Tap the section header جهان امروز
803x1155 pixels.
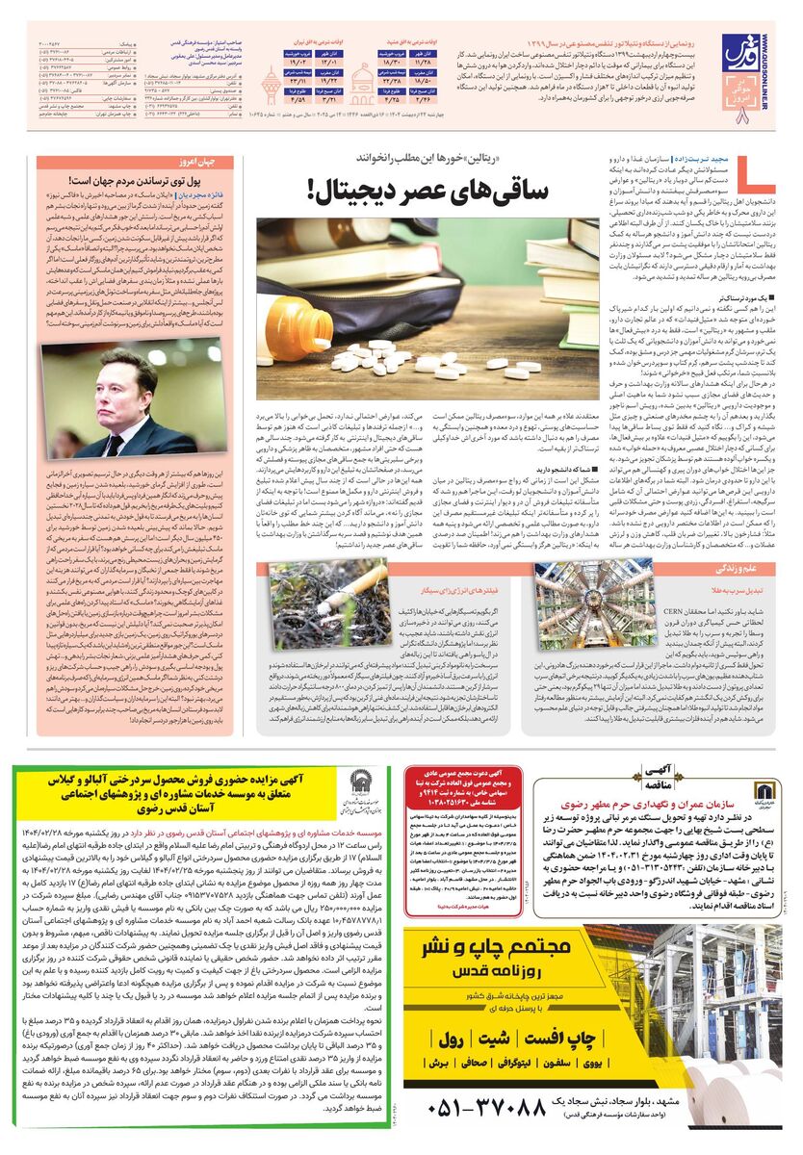(x=192, y=163)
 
